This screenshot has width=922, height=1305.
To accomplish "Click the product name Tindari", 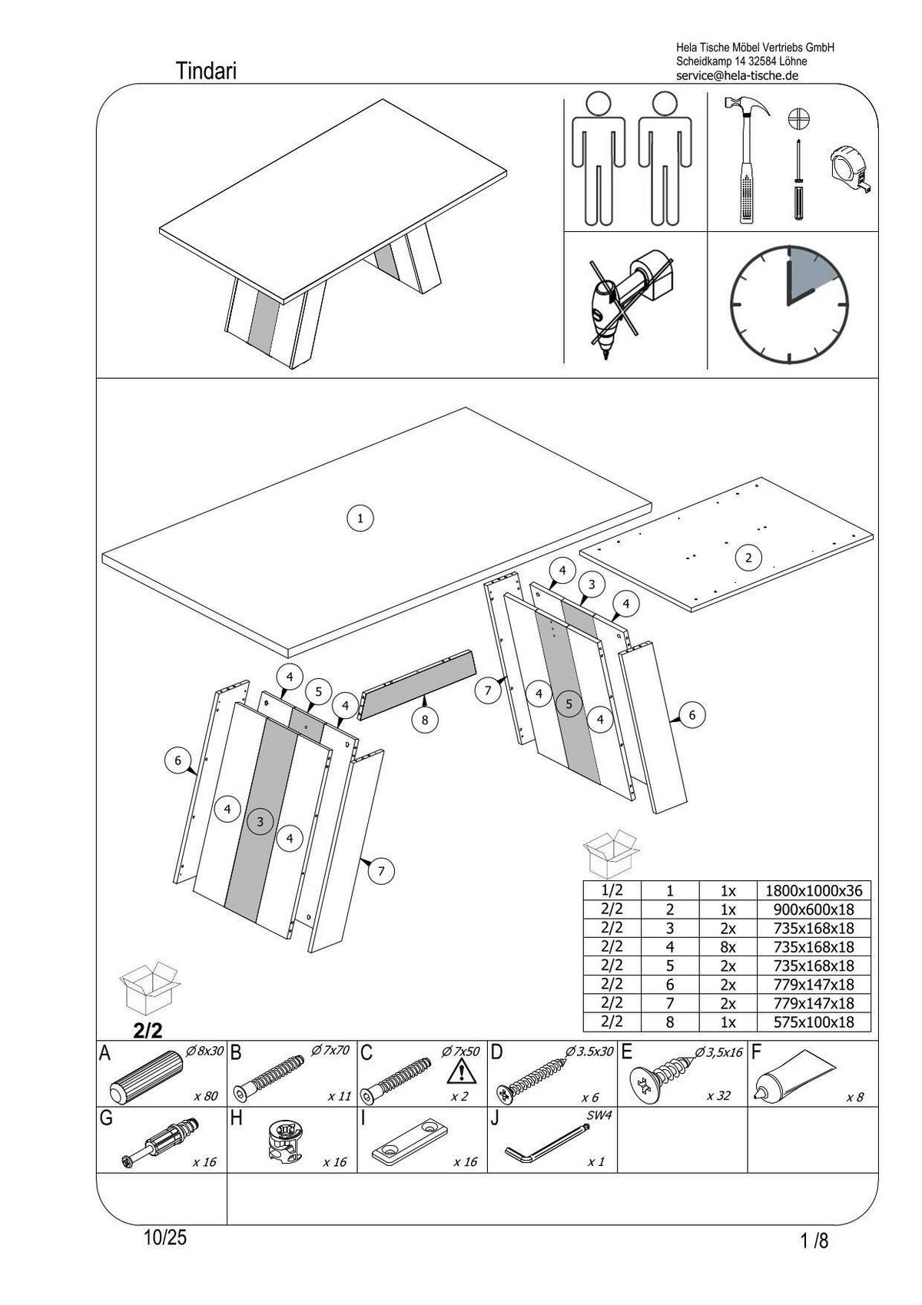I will click(206, 71).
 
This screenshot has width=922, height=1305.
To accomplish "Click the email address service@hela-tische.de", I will click(737, 75).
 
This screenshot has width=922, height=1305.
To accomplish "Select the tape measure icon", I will click(851, 171).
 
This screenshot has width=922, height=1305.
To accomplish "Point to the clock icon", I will click(788, 305).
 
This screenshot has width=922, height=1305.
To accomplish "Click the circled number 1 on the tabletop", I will click(360, 518).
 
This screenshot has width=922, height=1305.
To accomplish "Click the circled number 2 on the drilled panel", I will click(748, 558).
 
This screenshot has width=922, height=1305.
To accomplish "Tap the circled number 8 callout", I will click(424, 720).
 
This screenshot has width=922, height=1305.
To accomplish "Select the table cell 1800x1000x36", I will click(814, 891).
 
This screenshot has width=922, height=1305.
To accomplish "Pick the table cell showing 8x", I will click(728, 947).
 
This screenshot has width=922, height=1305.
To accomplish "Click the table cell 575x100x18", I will click(814, 1022).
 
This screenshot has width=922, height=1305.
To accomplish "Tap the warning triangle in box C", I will click(458, 1071).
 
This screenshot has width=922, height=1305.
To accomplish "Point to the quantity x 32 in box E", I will click(718, 1096).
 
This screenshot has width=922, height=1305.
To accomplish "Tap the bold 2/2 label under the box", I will click(148, 1030).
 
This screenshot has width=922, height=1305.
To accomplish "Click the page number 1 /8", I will click(814, 1240).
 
